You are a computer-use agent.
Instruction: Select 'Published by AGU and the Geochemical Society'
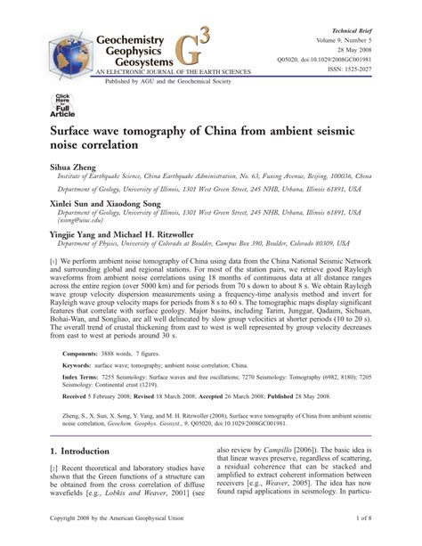click(x=151, y=78)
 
